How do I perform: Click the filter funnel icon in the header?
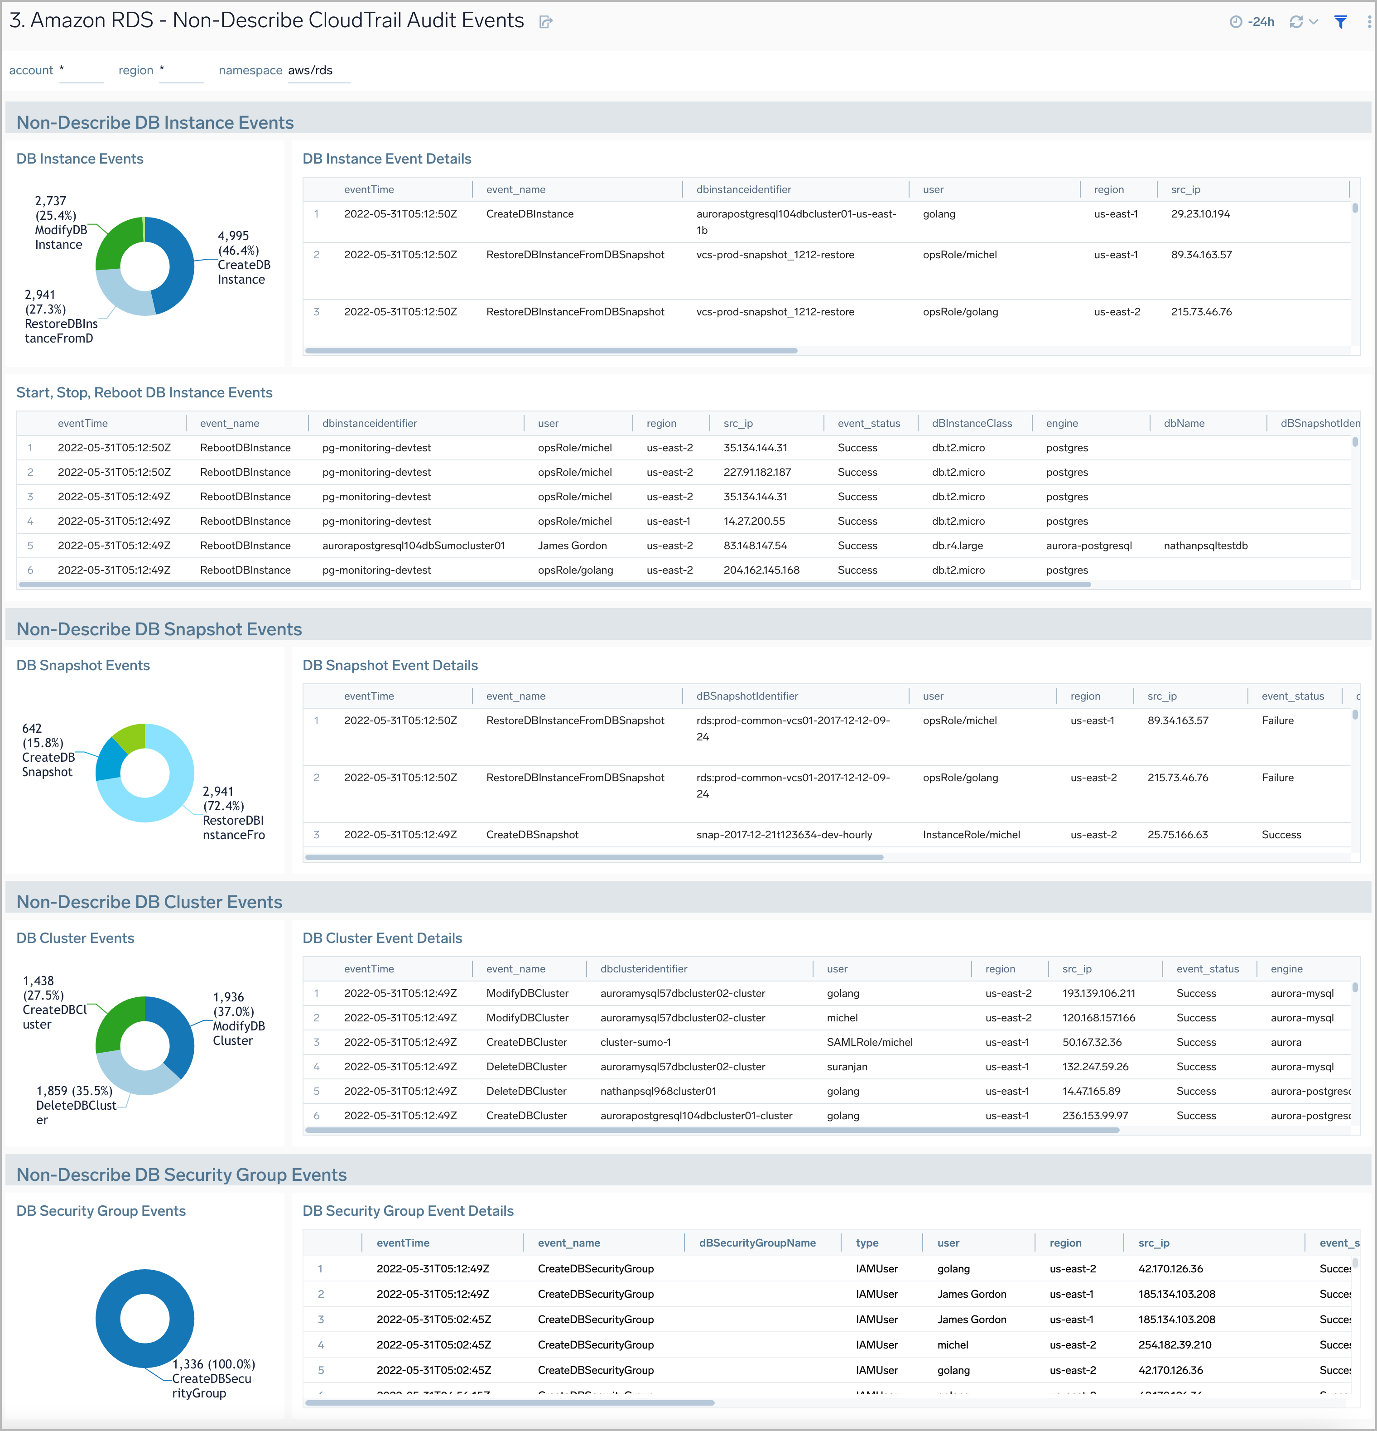click(1340, 22)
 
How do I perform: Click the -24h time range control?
click(1252, 22)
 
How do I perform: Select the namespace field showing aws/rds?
click(318, 71)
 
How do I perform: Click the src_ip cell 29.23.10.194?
click(1200, 214)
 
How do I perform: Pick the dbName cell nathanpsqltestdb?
click(1205, 546)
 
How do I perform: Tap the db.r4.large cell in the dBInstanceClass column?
click(957, 546)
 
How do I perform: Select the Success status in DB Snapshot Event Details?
click(1281, 835)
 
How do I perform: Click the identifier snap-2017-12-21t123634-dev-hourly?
click(784, 835)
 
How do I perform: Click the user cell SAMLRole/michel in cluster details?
click(869, 1042)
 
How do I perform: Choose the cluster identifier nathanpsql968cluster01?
click(658, 1091)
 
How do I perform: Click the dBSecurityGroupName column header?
click(757, 1242)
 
